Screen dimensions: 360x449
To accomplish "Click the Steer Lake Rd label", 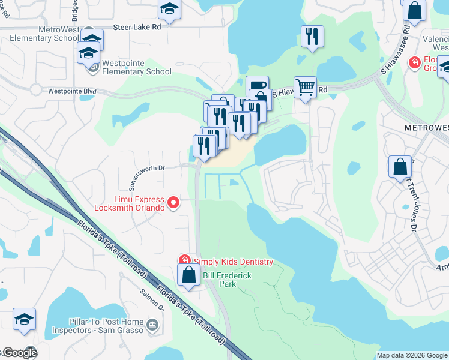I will pyautogui.click(x=138, y=28).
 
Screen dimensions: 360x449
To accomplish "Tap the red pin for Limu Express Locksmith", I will pyautogui.click(x=173, y=203).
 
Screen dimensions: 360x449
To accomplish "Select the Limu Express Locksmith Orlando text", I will pyautogui.click(x=130, y=203).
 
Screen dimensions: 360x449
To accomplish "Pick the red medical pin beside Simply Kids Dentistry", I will pyautogui.click(x=185, y=261).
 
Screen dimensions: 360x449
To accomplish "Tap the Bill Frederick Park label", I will pyautogui.click(x=227, y=279).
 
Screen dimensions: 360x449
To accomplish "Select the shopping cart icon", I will pyautogui.click(x=305, y=88).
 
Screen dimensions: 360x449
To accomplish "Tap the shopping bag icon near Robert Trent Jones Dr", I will pyautogui.click(x=400, y=167).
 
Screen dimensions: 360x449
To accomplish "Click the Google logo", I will pyautogui.click(x=19, y=353).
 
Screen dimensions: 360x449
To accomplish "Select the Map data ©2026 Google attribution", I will pyautogui.click(x=411, y=355).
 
